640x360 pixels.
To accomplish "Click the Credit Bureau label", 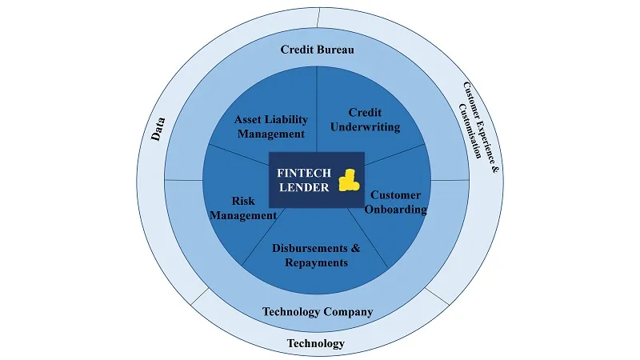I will [318, 50].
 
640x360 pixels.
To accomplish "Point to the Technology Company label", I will [318, 311].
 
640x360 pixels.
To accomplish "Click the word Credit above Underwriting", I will [365, 112].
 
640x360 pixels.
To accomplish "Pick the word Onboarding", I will [395, 210].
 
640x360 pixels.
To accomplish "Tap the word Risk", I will [243, 201].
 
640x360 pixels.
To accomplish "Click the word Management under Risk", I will [243, 215].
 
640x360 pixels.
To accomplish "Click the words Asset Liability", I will [271, 119].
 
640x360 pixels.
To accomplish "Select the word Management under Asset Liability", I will [271, 134].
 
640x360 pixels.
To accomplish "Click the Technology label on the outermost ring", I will [315, 343].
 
